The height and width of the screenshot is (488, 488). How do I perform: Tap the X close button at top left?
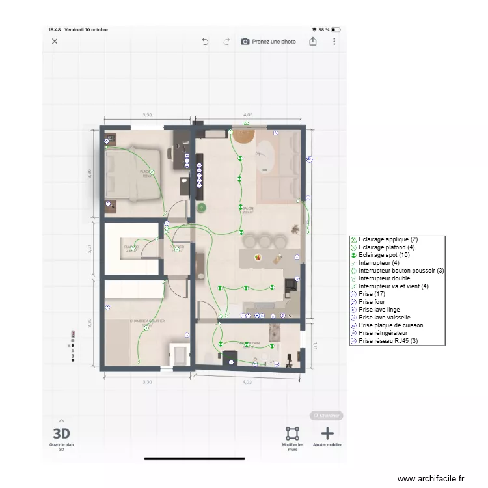pyautogui.click(x=55, y=41)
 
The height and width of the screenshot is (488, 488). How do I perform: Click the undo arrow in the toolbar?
pyautogui.click(x=205, y=41)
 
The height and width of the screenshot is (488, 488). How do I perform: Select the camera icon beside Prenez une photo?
pyautogui.click(x=245, y=41)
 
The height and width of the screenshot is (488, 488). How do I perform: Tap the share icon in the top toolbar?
pyautogui.click(x=313, y=41)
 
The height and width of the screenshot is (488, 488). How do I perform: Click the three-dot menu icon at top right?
pyautogui.click(x=334, y=41)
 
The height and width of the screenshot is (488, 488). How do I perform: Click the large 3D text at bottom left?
pyautogui.click(x=61, y=433)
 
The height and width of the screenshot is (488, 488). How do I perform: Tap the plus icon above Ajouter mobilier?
pyautogui.click(x=327, y=433)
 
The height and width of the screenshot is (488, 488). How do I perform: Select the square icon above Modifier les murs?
pyautogui.click(x=293, y=433)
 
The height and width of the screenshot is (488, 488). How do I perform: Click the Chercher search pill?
pyautogui.click(x=326, y=415)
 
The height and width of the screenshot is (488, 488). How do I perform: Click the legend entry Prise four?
pyautogui.click(x=372, y=302)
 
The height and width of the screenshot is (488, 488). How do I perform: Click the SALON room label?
pyautogui.click(x=247, y=209)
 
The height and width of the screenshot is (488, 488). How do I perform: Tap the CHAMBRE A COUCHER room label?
pyautogui.click(x=147, y=321)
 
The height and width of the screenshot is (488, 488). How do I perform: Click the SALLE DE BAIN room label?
pyautogui.click(x=248, y=343)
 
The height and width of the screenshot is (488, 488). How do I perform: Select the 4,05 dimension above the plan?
pyautogui.click(x=248, y=115)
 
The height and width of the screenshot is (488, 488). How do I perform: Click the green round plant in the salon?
pyautogui.click(x=202, y=208)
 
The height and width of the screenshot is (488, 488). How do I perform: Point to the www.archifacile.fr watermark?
pyautogui.click(x=431, y=478)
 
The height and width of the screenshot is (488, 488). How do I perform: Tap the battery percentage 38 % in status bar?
pyautogui.click(x=323, y=29)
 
